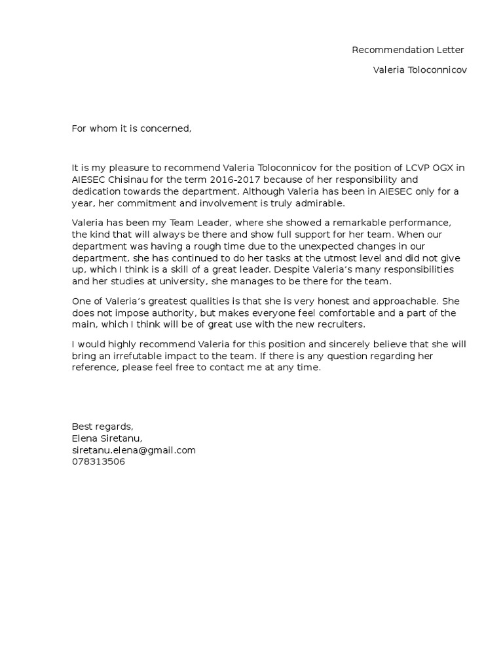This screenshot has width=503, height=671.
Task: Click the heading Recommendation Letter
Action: click(407, 50)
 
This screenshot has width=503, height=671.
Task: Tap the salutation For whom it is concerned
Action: click(132, 128)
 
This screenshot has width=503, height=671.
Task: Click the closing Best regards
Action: click(102, 427)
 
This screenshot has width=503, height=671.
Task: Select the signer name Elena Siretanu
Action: click(107, 438)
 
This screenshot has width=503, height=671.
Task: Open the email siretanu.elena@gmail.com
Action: click(134, 450)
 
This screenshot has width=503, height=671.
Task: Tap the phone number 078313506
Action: click(98, 462)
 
